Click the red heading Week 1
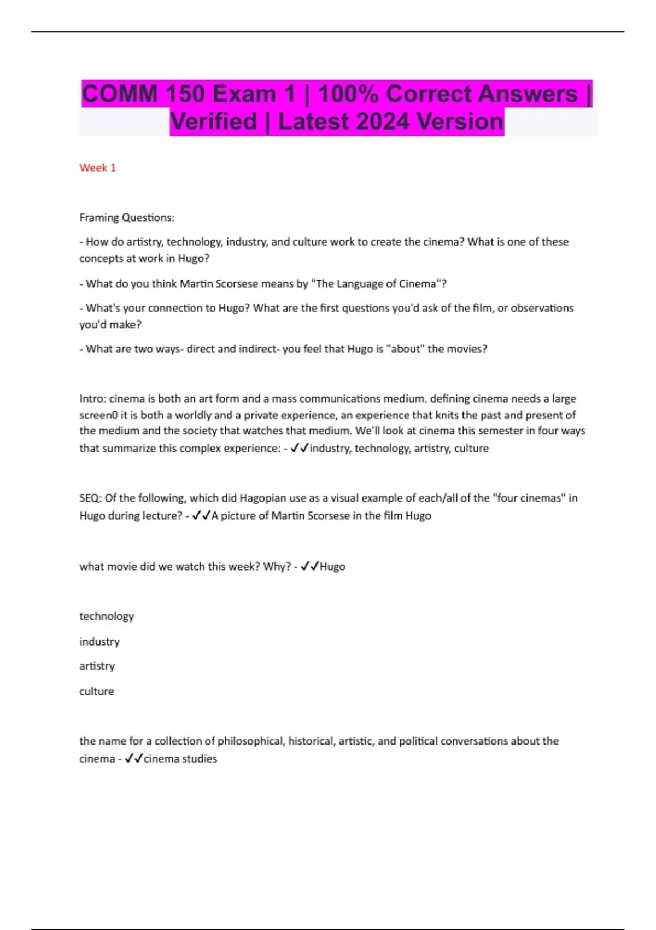(x=97, y=167)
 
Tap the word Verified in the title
(x=213, y=121)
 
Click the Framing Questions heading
(x=127, y=217)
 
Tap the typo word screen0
(x=98, y=415)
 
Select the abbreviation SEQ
(x=89, y=498)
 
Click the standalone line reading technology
(x=107, y=616)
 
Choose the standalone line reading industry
(x=99, y=641)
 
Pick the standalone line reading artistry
(x=97, y=666)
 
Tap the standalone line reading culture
(x=97, y=691)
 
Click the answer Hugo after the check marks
(x=332, y=566)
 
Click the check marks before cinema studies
(x=134, y=758)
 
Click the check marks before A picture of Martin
(x=201, y=515)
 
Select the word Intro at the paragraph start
(x=92, y=398)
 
